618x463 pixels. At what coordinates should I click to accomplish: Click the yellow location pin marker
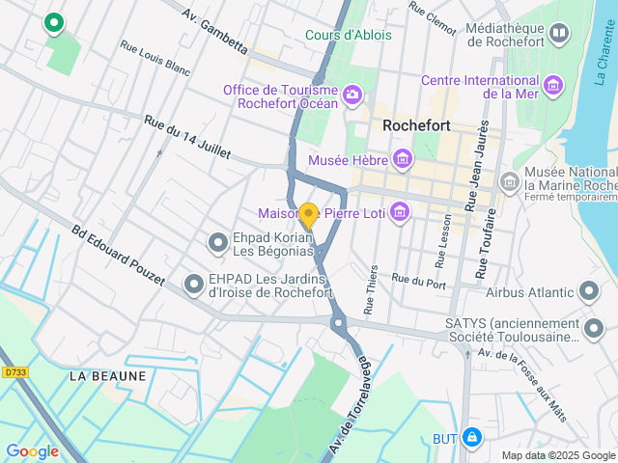click(x=308, y=215)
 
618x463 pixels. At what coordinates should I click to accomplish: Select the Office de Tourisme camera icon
click(x=352, y=94)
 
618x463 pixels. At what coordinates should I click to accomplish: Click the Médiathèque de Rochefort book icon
click(x=559, y=36)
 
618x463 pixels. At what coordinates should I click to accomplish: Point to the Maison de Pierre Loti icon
click(x=399, y=213)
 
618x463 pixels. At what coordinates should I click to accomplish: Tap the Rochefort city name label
click(x=418, y=125)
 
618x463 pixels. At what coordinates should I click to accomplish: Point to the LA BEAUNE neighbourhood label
click(x=108, y=376)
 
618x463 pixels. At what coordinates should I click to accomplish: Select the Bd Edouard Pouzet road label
click(x=118, y=259)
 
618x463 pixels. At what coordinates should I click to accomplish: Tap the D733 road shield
click(x=14, y=371)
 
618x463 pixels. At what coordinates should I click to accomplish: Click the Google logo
click(x=32, y=450)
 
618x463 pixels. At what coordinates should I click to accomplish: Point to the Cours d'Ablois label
click(x=349, y=36)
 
